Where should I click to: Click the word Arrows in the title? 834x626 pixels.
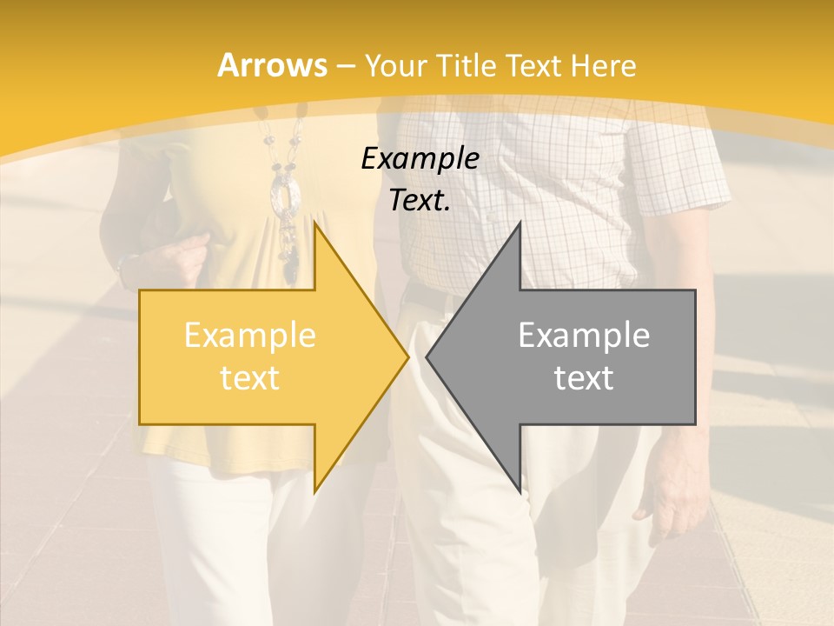[x=272, y=65]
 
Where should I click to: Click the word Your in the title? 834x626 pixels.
[x=396, y=66]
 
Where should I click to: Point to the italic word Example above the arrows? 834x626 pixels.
[x=420, y=158]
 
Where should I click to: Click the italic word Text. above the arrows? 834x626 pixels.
[x=420, y=200]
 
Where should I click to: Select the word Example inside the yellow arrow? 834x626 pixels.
[x=250, y=335]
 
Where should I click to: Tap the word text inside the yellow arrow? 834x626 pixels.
[x=250, y=378]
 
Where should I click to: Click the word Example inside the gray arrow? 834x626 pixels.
[x=584, y=335]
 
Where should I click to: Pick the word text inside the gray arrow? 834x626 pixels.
[x=584, y=378]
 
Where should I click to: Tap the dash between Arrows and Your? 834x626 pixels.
[x=345, y=66]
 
